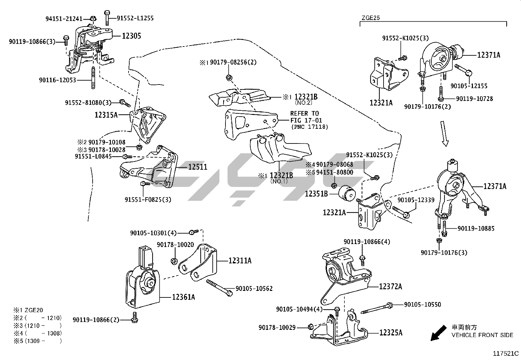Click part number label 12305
pyautogui.click(x=132, y=36)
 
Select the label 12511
pyautogui.click(x=198, y=167)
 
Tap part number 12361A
pyautogui.click(x=184, y=297)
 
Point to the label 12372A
pyautogui.click(x=390, y=287)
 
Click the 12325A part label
pyautogui.click(x=391, y=333)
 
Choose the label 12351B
pyautogui.click(x=316, y=194)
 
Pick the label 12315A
pyautogui.click(x=106, y=115)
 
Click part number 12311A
pyautogui.click(x=240, y=261)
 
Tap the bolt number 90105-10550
pyautogui.click(x=422, y=305)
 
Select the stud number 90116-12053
pyautogui.click(x=57, y=80)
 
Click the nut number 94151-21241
pyautogui.click(x=64, y=19)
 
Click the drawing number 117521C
pyautogui.click(x=506, y=353)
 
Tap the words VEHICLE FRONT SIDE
pyautogui.click(x=482, y=335)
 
